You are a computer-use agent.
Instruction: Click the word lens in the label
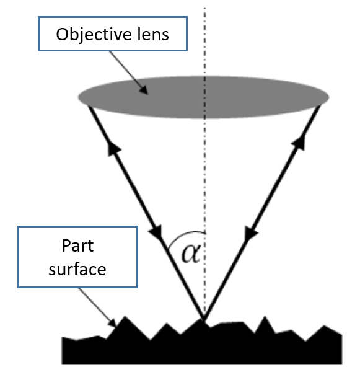coord(153,34)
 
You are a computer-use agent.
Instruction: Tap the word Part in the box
coord(77,245)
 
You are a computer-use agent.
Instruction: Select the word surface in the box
coord(77,269)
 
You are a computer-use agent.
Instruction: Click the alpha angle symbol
coord(191,253)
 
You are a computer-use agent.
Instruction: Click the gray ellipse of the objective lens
coord(203,97)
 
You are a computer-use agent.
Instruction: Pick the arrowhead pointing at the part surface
coord(113,323)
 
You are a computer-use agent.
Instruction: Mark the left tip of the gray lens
coord(78,97)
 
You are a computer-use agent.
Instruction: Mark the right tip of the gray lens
coord(329,97)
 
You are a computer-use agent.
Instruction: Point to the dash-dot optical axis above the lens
coord(204,42)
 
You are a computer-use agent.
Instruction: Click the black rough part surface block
coord(201,347)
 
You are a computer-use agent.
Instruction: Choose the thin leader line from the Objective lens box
coord(129,73)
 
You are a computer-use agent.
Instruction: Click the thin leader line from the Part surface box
coord(98,307)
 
